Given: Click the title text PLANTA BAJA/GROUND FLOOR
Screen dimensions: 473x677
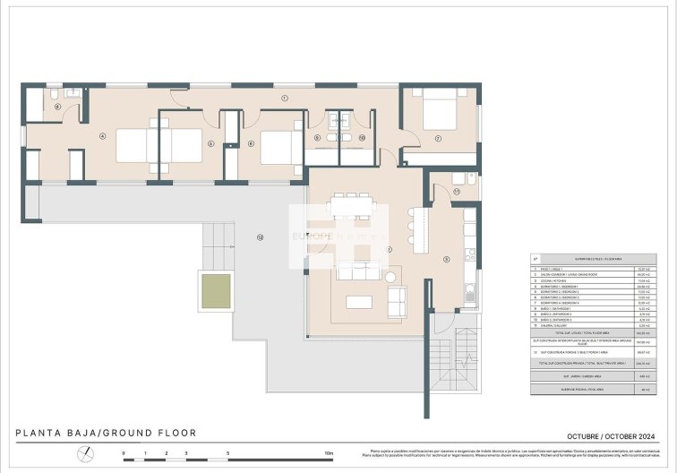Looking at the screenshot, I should [106, 433].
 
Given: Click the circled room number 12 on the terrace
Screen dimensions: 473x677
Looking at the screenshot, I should [260, 237].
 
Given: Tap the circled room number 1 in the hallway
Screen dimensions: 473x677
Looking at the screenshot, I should [283, 97].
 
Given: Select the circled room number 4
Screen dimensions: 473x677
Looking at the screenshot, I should [103, 136].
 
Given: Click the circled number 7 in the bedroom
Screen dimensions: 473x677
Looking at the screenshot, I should [438, 138].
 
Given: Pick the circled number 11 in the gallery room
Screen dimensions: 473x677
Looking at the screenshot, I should [456, 191].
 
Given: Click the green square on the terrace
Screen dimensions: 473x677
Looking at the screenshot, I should [214, 291].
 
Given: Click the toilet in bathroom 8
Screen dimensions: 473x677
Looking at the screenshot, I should [55, 93].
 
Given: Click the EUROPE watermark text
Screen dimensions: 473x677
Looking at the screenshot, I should [314, 236].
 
